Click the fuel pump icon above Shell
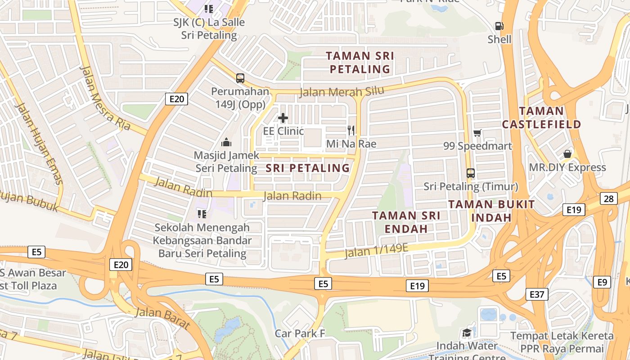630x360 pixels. [x=499, y=26]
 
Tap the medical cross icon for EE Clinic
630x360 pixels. [x=283, y=118]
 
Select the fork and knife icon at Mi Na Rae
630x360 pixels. [x=351, y=130]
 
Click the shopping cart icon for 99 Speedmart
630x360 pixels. [x=477, y=133]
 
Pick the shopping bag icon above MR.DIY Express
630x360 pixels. [x=567, y=154]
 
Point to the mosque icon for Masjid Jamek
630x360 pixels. [x=226, y=143]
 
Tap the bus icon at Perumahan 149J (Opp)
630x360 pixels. [x=240, y=78]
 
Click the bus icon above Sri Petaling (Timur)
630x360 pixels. [x=471, y=173]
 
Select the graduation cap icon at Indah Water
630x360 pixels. [x=467, y=333]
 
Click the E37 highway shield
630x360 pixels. [x=536, y=294]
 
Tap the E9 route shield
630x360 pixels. [x=602, y=282]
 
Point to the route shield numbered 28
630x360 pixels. [x=608, y=198]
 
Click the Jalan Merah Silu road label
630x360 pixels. [x=342, y=92]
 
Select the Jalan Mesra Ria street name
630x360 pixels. [x=105, y=98]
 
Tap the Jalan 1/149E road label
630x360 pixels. [x=376, y=250]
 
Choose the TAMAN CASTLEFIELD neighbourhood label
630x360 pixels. [x=541, y=117]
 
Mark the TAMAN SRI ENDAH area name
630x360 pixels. [x=406, y=222]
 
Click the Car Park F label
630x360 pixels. [x=300, y=333]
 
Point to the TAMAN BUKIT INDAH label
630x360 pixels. [x=491, y=211]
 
